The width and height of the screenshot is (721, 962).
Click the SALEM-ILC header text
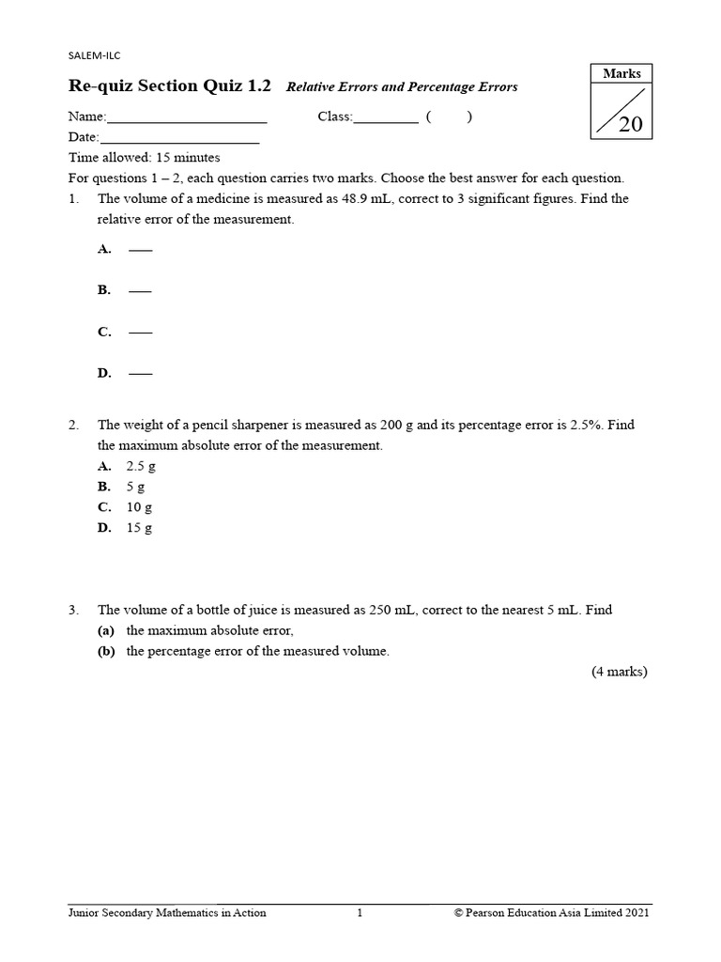pos(95,55)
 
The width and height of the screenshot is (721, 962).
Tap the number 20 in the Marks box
pos(630,123)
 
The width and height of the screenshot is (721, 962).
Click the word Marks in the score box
pos(621,73)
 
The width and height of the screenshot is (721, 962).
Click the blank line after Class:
pos(386,119)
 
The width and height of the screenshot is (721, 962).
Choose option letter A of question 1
pos(104,249)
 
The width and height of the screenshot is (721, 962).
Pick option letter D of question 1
pos(104,373)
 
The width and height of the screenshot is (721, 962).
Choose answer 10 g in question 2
pos(139,507)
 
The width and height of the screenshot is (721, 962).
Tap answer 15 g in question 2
pos(139,528)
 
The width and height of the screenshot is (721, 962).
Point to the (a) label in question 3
pos(106,630)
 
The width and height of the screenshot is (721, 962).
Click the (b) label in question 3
pos(106,651)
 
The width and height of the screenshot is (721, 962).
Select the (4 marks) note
pos(619,672)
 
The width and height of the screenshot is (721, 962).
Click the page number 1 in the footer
pos(360,912)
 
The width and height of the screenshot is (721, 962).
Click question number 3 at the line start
pos(73,610)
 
